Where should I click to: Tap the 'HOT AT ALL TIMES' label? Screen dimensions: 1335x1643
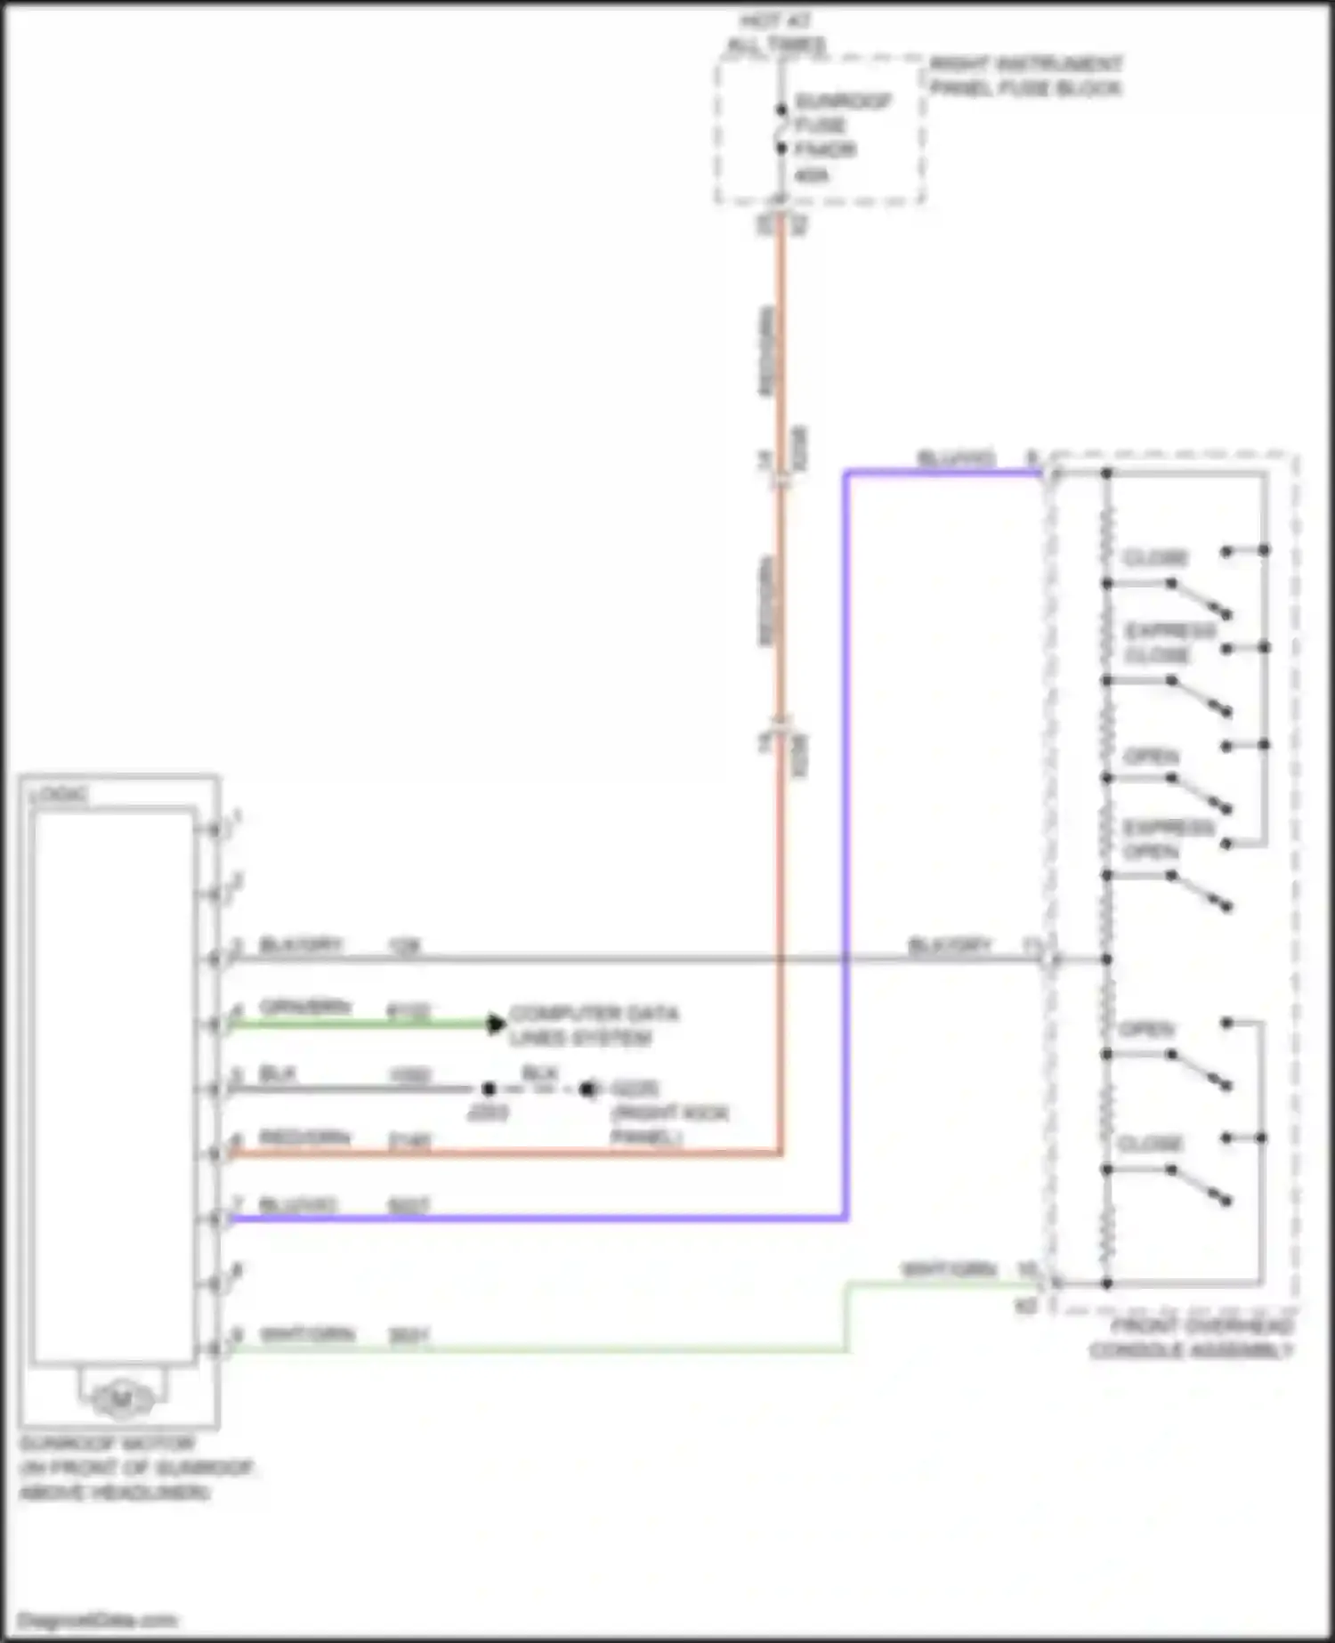click(x=776, y=33)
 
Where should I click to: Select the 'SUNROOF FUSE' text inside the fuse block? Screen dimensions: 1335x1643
click(x=841, y=112)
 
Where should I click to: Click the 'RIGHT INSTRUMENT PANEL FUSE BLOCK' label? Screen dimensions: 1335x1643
click(x=1025, y=76)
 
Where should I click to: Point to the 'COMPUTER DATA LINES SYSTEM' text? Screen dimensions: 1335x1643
click(x=593, y=1025)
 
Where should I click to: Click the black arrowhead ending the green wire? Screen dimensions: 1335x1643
click(x=496, y=1024)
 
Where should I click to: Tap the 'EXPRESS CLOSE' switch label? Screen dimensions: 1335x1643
click(x=1169, y=643)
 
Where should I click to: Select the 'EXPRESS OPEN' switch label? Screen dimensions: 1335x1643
click(x=1167, y=839)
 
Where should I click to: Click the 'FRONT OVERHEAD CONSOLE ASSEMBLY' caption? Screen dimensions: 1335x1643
click(x=1191, y=1338)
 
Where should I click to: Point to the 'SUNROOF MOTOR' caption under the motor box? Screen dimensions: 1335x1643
click(x=108, y=1443)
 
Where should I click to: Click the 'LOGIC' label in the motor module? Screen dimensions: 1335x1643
click(x=59, y=794)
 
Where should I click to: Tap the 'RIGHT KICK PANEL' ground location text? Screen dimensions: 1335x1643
click(x=668, y=1125)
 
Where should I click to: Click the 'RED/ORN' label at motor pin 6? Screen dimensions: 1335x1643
click(x=304, y=1137)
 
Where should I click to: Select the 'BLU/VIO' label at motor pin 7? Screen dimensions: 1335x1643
click(x=297, y=1205)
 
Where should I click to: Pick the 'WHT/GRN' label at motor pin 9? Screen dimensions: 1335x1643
click(x=307, y=1335)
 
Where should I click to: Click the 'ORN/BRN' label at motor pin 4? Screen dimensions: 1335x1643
click(x=305, y=1007)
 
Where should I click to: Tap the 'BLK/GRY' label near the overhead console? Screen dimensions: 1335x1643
click(x=949, y=944)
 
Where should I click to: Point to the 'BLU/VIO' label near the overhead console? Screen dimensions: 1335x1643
click(x=956, y=458)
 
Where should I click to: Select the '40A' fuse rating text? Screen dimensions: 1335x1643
click(x=811, y=175)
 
